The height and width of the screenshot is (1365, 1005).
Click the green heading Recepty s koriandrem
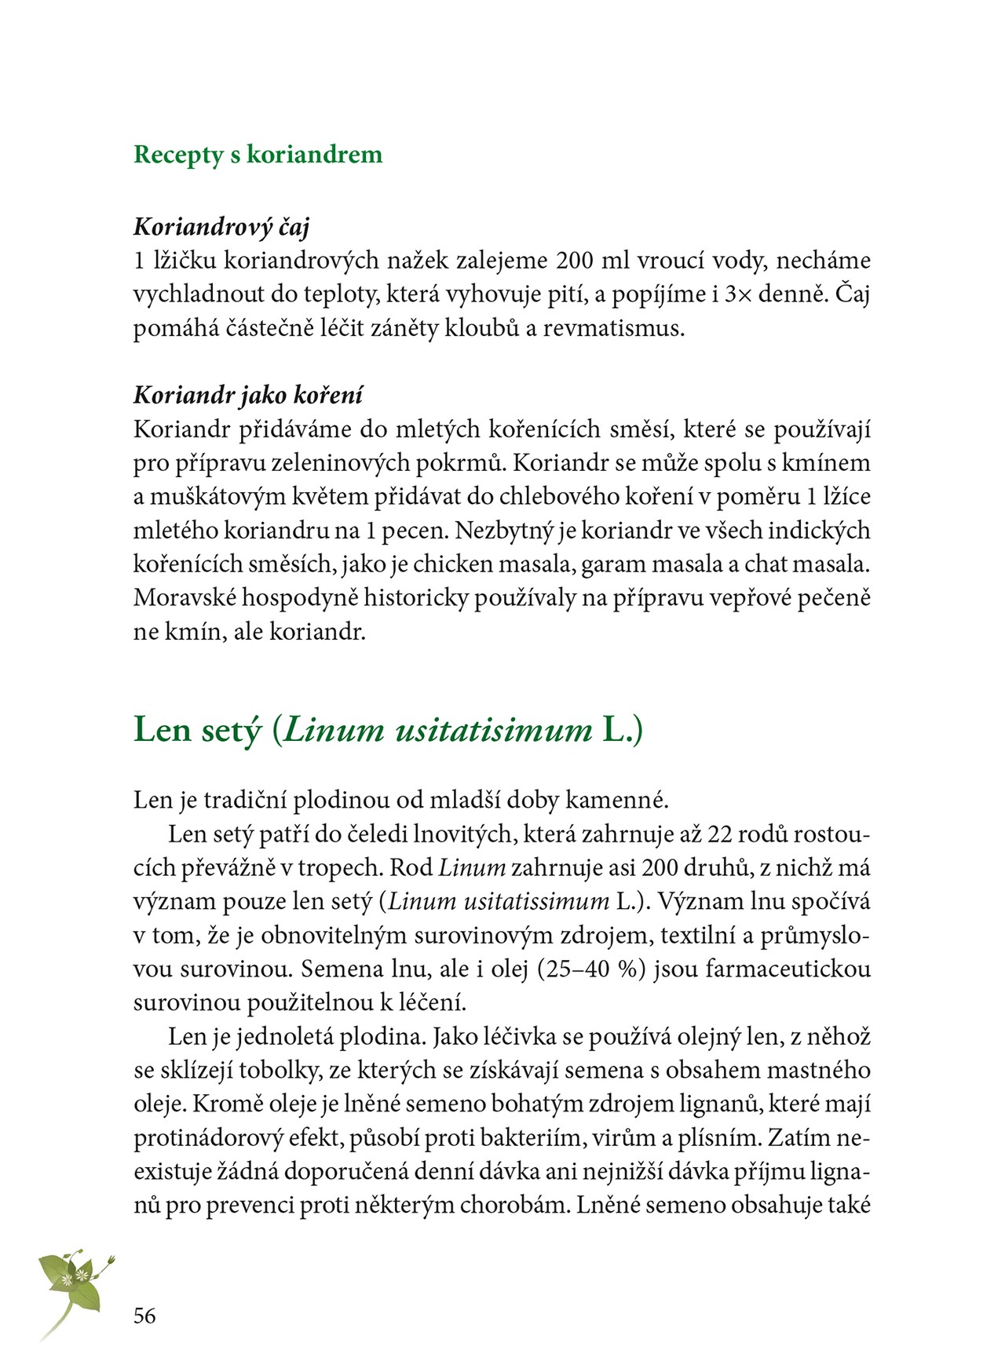[258, 155]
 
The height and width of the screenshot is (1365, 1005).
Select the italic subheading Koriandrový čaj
[221, 227]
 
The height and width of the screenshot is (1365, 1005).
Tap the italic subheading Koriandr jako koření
[248, 395]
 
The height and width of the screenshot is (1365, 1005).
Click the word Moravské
[184, 598]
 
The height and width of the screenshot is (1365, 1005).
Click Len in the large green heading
[163, 730]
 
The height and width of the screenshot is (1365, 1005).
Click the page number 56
[144, 1316]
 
